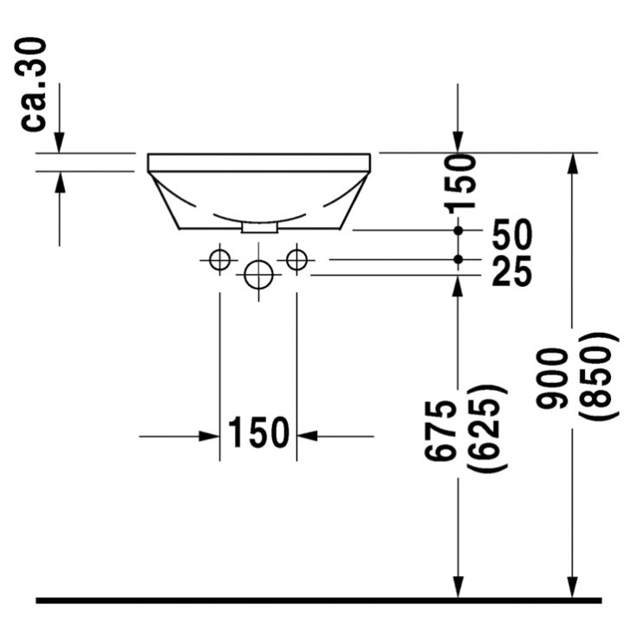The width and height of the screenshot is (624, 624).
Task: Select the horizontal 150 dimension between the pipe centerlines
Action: point(257,433)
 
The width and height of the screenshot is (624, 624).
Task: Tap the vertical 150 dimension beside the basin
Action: point(460,182)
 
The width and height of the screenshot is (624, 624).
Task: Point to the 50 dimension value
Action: point(511,234)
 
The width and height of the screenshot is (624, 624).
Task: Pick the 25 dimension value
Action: point(511,271)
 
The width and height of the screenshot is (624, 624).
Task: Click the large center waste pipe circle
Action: point(258,276)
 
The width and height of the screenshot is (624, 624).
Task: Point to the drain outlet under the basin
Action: point(258,227)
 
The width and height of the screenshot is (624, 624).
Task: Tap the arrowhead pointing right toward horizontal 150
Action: point(208,435)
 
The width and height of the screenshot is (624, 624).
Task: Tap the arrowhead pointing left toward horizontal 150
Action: point(308,435)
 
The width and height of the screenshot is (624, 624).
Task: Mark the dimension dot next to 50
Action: point(458,231)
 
